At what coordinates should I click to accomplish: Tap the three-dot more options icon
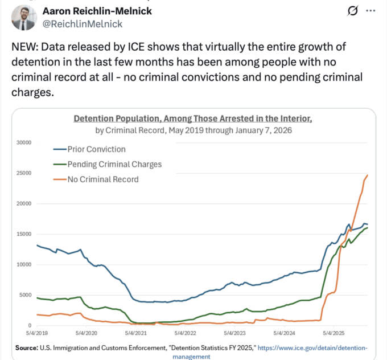370,11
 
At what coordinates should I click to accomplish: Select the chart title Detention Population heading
193,118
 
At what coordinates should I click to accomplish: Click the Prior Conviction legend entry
96,149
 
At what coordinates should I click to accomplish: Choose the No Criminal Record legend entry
102,179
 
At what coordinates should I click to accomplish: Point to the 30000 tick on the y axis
25,142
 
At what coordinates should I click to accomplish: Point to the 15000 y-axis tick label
25,234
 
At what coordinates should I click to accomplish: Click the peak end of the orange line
368,175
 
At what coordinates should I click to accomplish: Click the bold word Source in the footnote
26,347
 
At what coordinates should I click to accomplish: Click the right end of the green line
368,228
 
